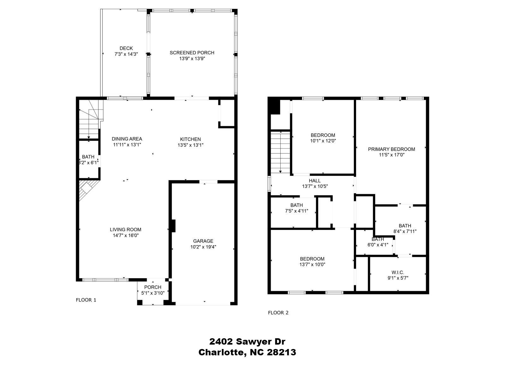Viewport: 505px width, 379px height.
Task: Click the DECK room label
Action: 126,48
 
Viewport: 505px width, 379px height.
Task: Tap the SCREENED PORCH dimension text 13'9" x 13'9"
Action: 192,58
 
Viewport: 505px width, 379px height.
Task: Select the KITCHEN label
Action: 190,139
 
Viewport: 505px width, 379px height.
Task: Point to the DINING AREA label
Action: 127,139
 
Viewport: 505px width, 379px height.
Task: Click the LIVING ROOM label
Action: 126,230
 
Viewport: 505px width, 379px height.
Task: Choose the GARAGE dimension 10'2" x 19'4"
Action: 203,247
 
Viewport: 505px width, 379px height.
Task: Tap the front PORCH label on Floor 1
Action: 153,287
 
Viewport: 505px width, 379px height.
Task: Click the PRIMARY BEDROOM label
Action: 391,149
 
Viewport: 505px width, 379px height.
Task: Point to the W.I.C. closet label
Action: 398,272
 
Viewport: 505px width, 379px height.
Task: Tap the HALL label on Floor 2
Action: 315,181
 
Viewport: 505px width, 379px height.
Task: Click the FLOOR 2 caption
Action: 278,313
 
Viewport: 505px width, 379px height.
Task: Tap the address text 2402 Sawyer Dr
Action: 247,341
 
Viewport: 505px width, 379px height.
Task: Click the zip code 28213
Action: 282,352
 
